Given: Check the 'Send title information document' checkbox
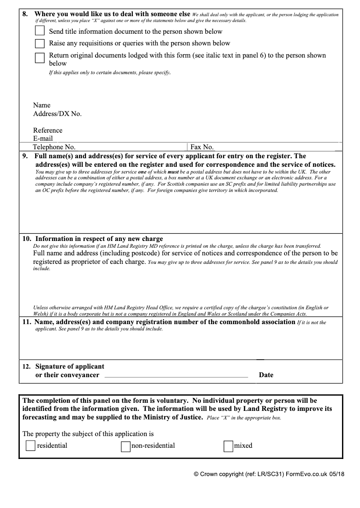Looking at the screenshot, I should [40, 31].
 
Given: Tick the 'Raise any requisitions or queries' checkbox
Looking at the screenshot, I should [40, 44].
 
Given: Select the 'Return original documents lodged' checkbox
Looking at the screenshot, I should [40, 58].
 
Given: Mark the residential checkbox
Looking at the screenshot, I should [31, 446].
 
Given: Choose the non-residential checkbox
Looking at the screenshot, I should [126, 446].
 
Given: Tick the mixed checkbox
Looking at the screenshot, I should [228, 446].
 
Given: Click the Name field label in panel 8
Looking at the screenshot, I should [42, 105].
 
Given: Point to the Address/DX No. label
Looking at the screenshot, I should [57, 114].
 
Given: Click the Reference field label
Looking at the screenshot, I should [48, 130].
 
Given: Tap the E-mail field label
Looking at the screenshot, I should [43, 138].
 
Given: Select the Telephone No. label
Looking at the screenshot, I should [54, 147].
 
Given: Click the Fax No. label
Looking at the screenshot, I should [202, 147].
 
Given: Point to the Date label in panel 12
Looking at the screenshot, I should [266, 375].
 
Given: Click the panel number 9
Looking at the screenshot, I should [25, 156].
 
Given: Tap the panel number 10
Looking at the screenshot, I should [27, 239].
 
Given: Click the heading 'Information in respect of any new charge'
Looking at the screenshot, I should [99, 239].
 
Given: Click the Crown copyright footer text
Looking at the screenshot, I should [269, 474].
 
